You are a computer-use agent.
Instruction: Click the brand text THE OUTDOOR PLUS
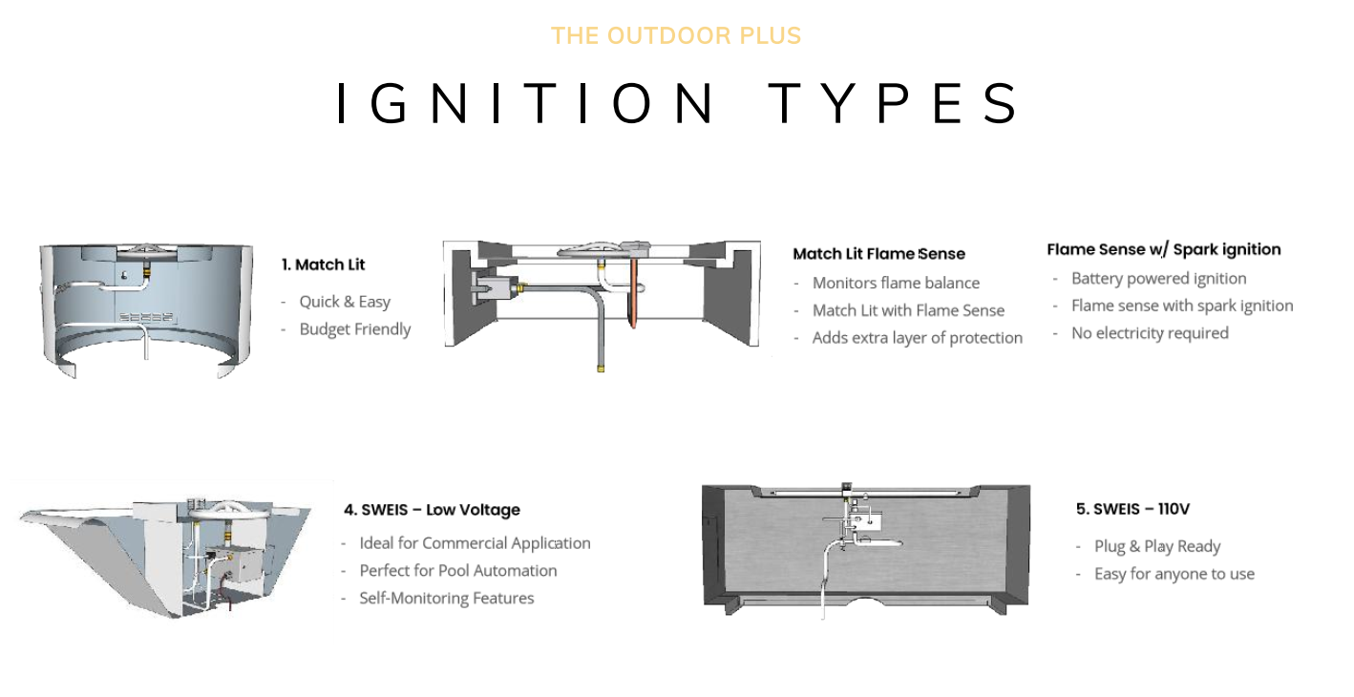(675, 36)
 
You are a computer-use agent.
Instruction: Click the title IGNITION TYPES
(677, 104)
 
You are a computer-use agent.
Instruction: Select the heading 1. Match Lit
(323, 264)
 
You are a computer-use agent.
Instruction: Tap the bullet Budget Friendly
(354, 329)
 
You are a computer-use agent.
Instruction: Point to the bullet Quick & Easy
(345, 302)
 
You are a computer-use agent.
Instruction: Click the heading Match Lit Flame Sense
(878, 254)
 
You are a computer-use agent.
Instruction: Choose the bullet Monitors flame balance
(895, 283)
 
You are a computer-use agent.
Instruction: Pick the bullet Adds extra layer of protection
(917, 338)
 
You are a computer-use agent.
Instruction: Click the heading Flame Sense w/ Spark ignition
(1163, 249)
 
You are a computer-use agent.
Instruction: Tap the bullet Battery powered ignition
(1158, 279)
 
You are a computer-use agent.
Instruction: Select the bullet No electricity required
(1149, 333)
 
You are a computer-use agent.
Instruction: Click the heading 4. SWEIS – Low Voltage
(432, 510)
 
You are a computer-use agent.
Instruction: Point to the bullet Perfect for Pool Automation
(457, 571)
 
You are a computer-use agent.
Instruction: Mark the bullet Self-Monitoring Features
(446, 599)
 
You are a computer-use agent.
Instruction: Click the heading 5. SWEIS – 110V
(1132, 509)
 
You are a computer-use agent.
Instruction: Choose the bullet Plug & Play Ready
(1156, 546)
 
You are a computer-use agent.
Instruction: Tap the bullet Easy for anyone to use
(1174, 574)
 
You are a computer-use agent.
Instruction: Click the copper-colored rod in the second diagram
(632, 296)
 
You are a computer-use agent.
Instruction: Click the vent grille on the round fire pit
(146, 317)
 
